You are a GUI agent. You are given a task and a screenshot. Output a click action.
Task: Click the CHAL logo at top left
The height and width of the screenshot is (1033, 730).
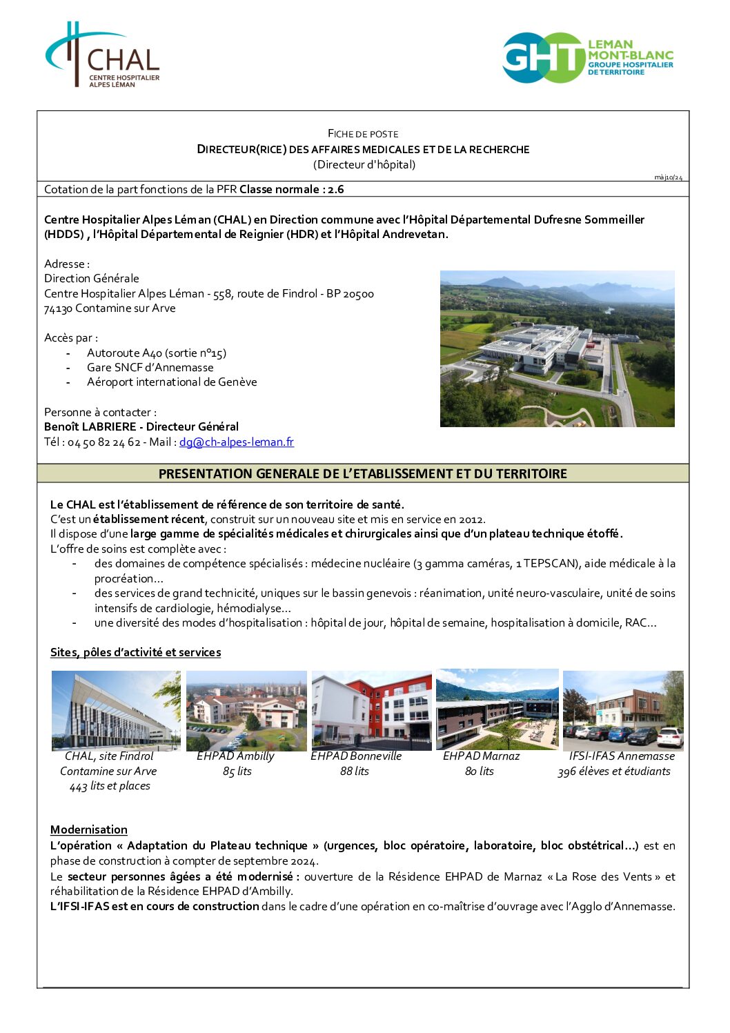click(103, 55)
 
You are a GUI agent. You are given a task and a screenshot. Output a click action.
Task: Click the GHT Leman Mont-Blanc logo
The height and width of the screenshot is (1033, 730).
click(588, 57)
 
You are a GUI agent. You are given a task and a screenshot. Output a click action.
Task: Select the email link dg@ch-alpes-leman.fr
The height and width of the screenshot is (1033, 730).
click(237, 442)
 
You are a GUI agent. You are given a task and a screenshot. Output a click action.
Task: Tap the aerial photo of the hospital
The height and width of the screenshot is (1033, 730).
click(557, 348)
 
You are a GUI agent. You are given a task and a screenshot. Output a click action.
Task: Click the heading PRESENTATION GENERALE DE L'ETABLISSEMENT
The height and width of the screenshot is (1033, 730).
click(362, 473)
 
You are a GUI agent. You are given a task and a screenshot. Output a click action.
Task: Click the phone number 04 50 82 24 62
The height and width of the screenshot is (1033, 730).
click(103, 442)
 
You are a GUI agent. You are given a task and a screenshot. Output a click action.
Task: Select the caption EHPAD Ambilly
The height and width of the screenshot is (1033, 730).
click(235, 756)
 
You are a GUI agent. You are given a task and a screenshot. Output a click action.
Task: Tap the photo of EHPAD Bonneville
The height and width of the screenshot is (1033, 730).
click(371, 710)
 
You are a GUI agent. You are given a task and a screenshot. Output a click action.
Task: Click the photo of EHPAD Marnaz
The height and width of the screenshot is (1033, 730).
click(497, 709)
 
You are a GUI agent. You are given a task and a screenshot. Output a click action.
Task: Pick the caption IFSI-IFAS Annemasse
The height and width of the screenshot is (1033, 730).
click(622, 756)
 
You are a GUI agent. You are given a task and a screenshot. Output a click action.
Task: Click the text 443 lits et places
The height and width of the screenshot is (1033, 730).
click(110, 785)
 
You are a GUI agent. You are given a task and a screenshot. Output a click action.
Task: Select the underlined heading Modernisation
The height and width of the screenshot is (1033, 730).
click(89, 829)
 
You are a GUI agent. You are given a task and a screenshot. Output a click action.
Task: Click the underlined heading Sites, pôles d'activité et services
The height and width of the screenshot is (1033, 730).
click(135, 652)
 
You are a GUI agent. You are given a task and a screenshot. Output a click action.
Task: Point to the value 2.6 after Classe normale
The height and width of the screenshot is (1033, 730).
click(335, 189)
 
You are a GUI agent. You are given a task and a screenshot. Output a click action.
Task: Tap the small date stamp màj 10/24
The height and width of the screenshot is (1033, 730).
click(668, 177)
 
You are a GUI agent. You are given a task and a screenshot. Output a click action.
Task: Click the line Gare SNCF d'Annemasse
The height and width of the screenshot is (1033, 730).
click(150, 367)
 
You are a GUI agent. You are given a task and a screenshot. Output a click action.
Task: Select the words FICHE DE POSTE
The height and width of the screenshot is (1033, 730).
click(363, 133)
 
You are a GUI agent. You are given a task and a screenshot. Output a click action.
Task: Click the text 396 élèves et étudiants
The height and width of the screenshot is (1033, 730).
click(614, 771)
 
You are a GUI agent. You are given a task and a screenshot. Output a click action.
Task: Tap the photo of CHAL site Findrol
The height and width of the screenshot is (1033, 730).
click(116, 711)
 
